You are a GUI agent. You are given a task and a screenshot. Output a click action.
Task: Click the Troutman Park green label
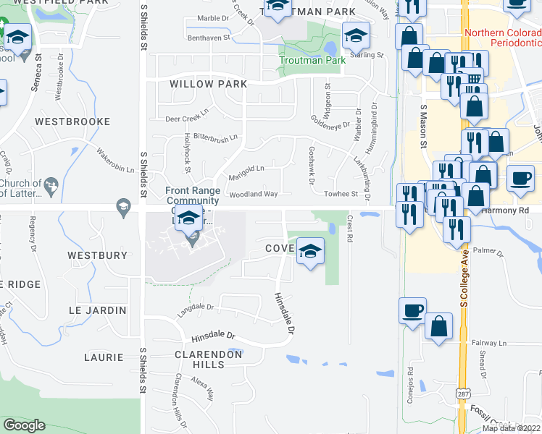[x=314, y=61]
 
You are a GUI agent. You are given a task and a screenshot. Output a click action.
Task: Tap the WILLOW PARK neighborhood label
[x=208, y=84]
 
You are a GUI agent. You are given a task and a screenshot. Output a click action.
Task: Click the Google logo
[x=24, y=425]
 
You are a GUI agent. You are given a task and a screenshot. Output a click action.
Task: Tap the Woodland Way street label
[x=254, y=195]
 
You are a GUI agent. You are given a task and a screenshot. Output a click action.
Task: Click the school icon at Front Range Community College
[x=189, y=216]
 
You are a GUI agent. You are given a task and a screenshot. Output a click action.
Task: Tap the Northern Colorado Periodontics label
[x=503, y=38]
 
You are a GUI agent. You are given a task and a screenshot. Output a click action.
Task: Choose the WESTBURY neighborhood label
[x=97, y=255]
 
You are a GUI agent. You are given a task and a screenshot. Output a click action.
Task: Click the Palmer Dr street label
[x=487, y=252]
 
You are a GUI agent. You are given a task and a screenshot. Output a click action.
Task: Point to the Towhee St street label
[x=344, y=194]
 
